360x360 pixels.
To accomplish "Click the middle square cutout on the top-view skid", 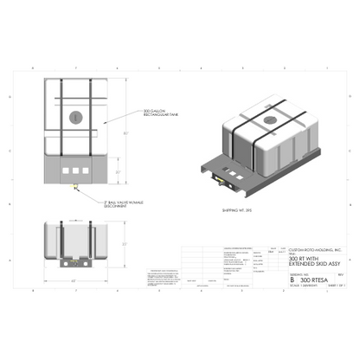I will [75, 170].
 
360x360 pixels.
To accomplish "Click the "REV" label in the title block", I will [340, 274].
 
